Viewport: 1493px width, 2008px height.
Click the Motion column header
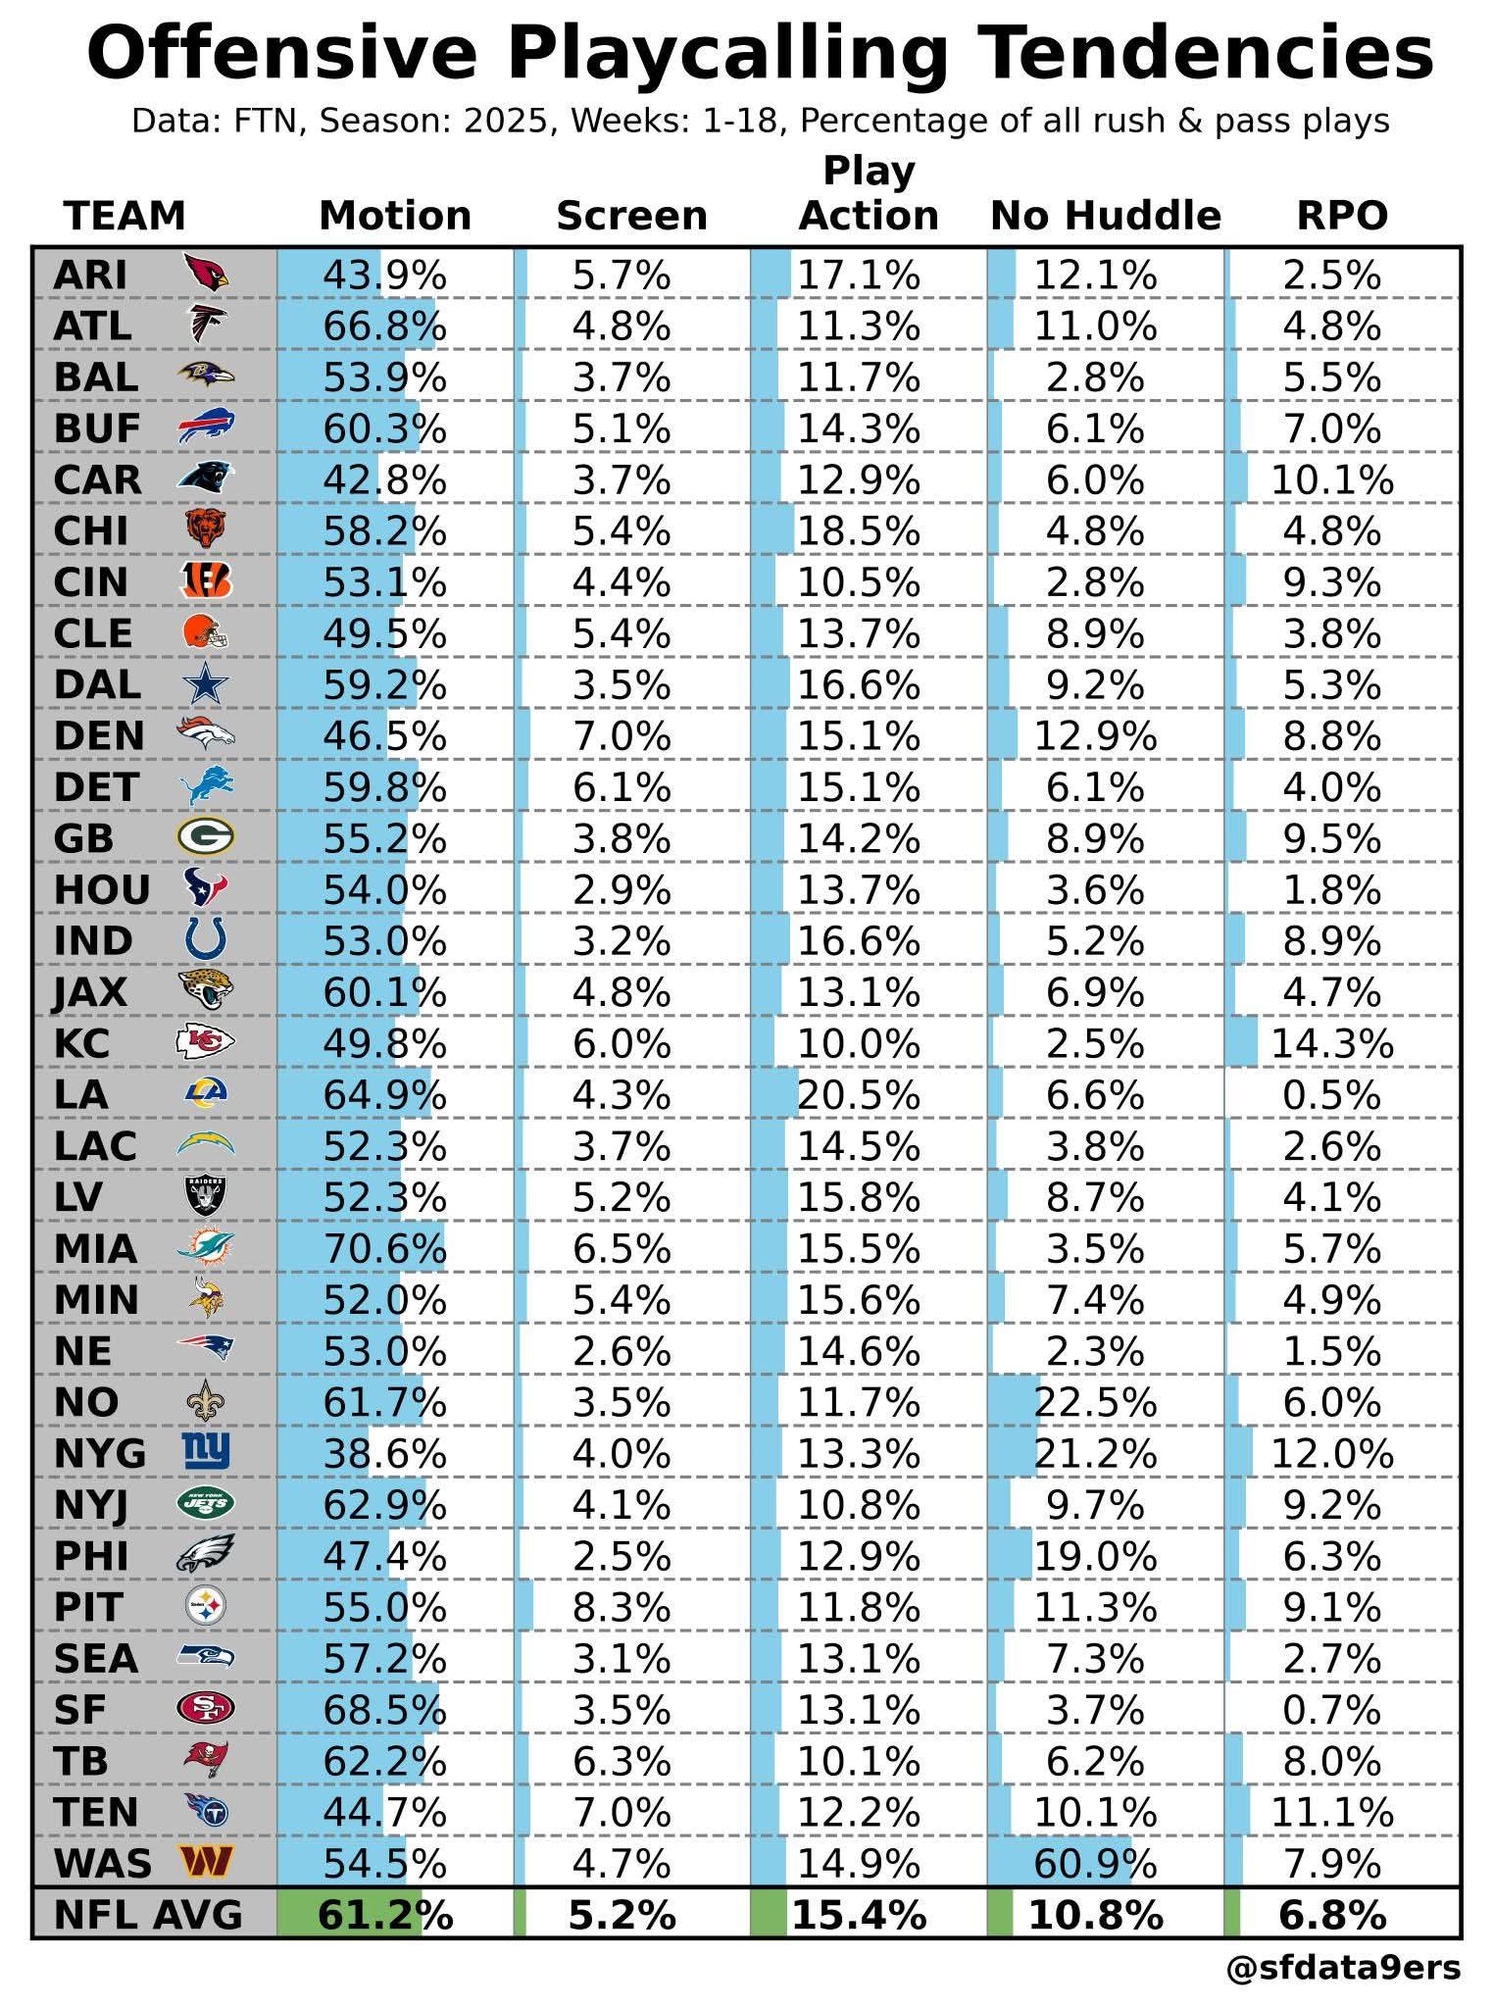click(395, 216)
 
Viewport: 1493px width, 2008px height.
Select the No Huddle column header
click(1106, 216)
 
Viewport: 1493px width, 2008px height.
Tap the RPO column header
click(1342, 216)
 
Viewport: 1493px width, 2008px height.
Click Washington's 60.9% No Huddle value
click(1095, 1863)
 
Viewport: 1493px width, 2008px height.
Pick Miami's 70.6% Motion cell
click(384, 1249)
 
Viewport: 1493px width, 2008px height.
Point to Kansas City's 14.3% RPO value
click(1331, 1044)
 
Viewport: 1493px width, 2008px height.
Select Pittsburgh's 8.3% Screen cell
click(622, 1608)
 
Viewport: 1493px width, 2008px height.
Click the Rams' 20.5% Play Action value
click(859, 1095)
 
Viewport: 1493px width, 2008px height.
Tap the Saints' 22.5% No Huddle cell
click(1095, 1402)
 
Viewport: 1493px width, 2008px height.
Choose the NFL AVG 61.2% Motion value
click(384, 1915)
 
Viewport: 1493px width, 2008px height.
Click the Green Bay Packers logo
click(206, 838)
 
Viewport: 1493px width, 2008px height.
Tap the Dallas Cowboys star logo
click(206, 684)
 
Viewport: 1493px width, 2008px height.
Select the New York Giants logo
click(206, 1452)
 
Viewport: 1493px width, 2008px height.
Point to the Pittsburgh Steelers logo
click(206, 1606)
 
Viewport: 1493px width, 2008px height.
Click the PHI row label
click(91, 1556)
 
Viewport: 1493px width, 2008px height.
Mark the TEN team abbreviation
click(96, 1812)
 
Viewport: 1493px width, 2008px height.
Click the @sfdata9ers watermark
click(1343, 1968)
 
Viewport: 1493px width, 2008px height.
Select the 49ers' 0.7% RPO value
click(1331, 1710)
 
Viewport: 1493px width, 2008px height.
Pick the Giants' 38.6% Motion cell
click(384, 1453)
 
